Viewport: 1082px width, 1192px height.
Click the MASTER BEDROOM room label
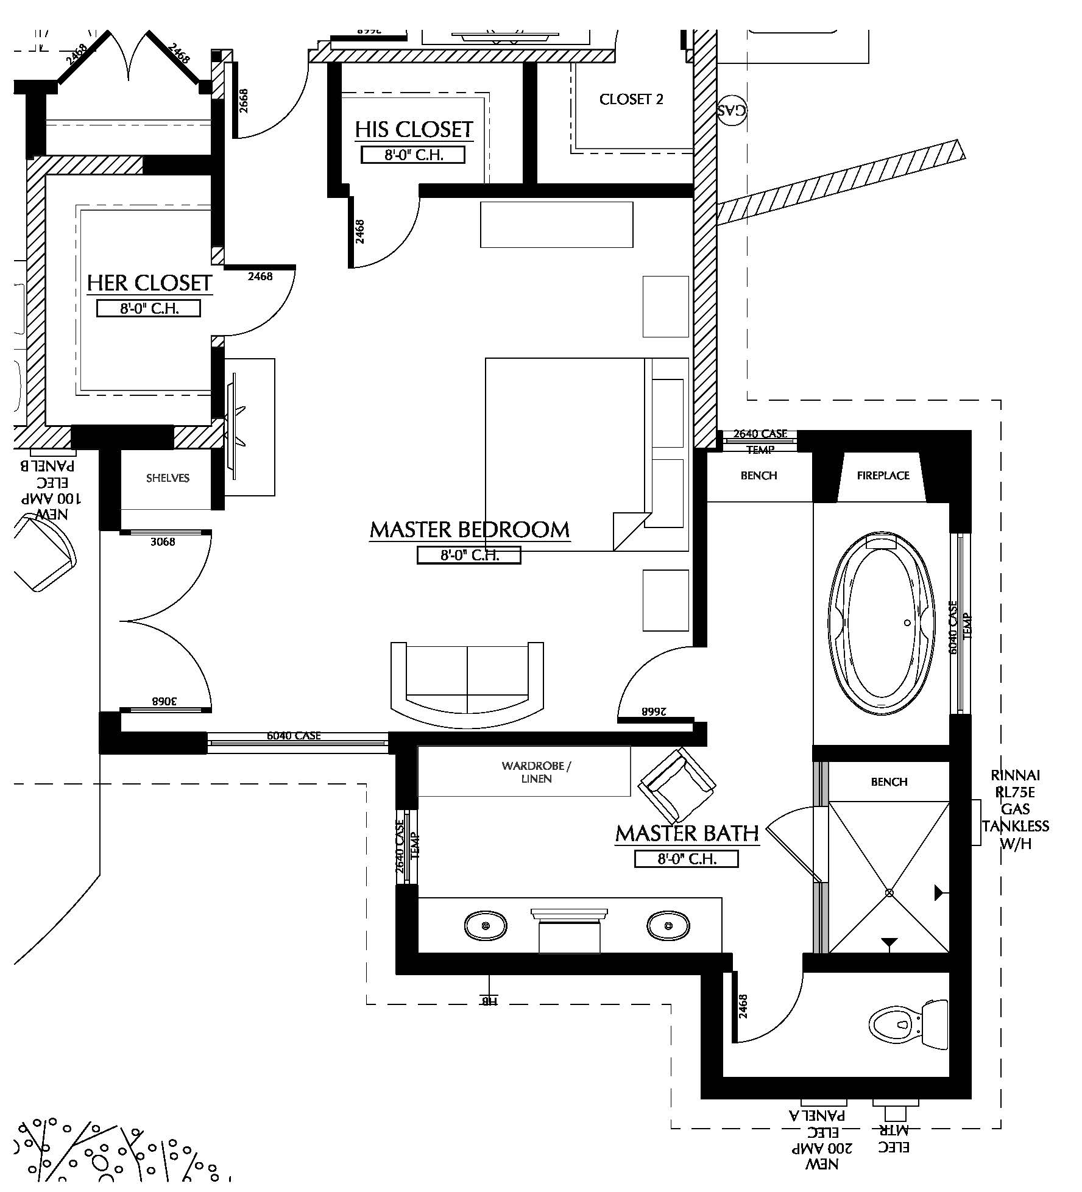pyautogui.click(x=469, y=529)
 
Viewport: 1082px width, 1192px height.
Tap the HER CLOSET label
pyautogui.click(x=149, y=283)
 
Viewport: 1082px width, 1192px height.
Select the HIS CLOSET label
pyautogui.click(x=414, y=129)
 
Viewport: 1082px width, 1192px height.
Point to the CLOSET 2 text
pyautogui.click(x=631, y=99)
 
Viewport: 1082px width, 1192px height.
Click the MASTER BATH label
pyautogui.click(x=687, y=833)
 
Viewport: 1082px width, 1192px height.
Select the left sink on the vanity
pyautogui.click(x=486, y=926)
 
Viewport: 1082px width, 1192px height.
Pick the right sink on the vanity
pyautogui.click(x=668, y=926)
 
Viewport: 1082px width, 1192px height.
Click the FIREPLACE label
pyautogui.click(x=883, y=476)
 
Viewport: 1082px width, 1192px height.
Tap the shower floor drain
pyautogui.click(x=889, y=892)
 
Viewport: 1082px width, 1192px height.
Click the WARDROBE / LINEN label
pyautogui.click(x=536, y=772)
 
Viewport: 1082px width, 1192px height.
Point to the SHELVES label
pyautogui.click(x=168, y=478)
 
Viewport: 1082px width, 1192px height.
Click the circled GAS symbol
pyautogui.click(x=731, y=111)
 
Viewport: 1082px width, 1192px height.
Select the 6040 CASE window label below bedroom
pyautogui.click(x=294, y=736)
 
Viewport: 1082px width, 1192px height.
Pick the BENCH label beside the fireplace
pyautogui.click(x=758, y=476)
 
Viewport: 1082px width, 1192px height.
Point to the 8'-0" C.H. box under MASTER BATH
pyautogui.click(x=686, y=859)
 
